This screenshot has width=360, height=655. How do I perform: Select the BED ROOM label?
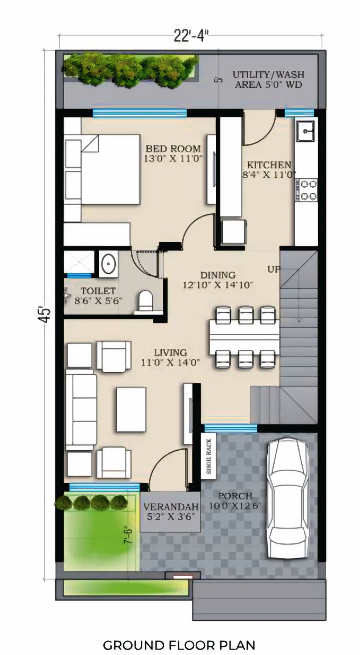click(x=173, y=153)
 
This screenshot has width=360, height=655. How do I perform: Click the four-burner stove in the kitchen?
click(x=306, y=190)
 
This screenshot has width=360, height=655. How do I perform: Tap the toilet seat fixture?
click(x=146, y=300)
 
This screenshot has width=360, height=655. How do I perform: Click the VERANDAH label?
click(x=170, y=511)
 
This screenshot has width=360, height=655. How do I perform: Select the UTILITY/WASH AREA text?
click(x=268, y=79)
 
